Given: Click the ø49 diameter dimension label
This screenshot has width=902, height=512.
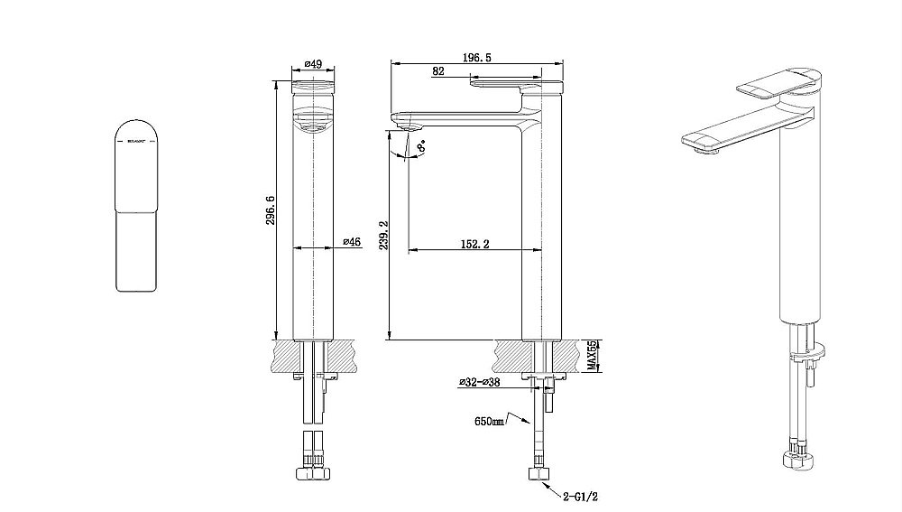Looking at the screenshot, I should [x=314, y=64].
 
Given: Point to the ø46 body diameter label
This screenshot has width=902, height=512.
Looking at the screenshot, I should [x=352, y=242].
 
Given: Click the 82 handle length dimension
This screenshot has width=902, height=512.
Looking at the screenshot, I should [x=437, y=71].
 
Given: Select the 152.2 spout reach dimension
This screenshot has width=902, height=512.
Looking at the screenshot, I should [x=469, y=243].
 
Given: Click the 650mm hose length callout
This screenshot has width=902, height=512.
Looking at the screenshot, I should [x=488, y=422].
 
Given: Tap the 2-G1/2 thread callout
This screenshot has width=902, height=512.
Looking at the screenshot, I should [x=580, y=495].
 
